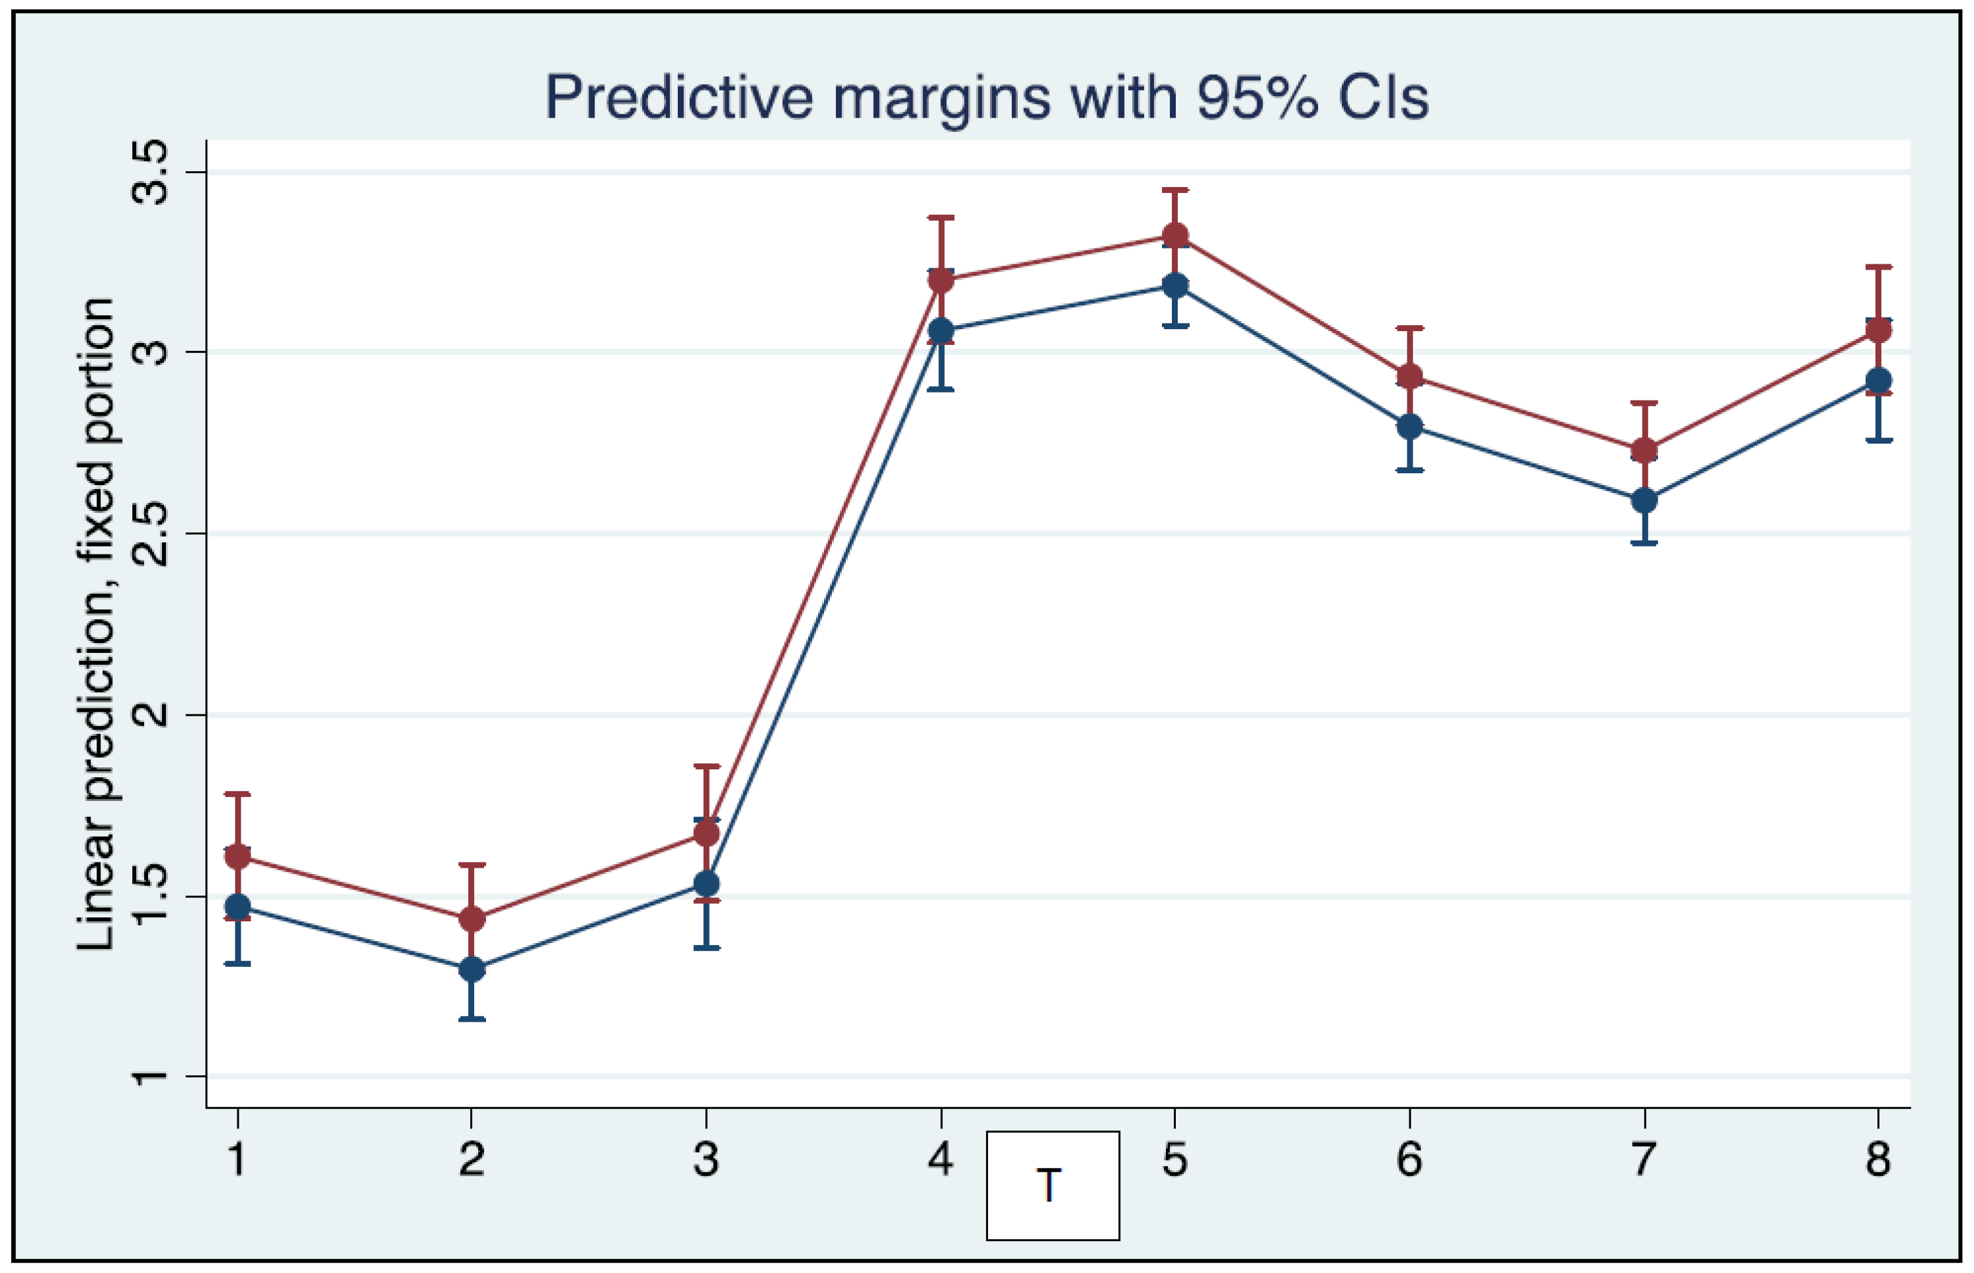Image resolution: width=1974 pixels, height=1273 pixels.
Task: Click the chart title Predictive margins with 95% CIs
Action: pos(986,98)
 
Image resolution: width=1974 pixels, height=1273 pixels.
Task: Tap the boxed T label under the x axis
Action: pos(1052,1185)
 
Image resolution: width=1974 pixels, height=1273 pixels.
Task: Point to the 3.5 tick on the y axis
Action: pos(151,172)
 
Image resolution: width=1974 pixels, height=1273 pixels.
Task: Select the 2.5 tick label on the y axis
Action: pos(151,533)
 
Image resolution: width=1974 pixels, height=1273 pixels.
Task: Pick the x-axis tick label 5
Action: pos(1174,1159)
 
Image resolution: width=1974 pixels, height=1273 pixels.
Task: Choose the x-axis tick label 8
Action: pos(1878,1159)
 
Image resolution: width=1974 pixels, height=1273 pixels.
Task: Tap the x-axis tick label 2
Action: pos(472,1159)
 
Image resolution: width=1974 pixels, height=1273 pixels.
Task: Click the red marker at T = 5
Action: pos(1175,235)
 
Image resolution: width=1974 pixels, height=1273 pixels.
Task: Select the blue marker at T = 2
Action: pos(472,969)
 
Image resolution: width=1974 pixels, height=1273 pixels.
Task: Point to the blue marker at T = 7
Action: pos(1644,500)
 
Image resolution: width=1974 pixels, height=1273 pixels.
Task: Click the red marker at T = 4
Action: pos(941,280)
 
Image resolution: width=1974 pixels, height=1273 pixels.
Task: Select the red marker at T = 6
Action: pos(1410,377)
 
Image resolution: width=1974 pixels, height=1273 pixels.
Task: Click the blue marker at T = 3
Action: pos(706,884)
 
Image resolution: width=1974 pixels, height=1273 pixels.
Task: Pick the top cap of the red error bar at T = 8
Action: pos(1878,267)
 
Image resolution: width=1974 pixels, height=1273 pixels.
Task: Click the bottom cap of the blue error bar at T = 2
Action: pos(472,1019)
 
